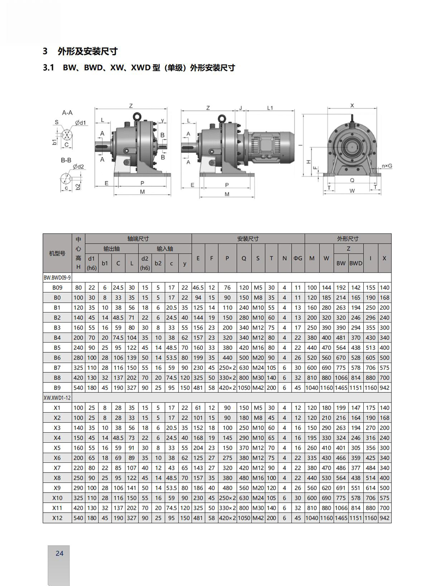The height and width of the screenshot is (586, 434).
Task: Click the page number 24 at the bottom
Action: pyautogui.click(x=59, y=553)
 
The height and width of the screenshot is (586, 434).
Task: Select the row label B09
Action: pyautogui.click(x=57, y=287)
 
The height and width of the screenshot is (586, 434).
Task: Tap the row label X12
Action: pyautogui.click(x=57, y=518)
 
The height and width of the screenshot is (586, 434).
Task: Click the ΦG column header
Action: pyautogui.click(x=298, y=258)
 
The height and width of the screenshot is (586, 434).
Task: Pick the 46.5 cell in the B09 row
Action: pyautogui.click(x=198, y=287)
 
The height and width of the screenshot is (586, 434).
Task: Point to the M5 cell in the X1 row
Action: pyautogui.click(x=258, y=408)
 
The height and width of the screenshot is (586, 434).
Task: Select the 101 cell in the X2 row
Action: pyautogui.click(x=198, y=418)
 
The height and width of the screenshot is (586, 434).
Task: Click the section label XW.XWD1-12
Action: pyautogui.click(x=57, y=398)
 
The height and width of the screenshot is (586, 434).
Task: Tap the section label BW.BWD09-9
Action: pyautogui.click(x=57, y=277)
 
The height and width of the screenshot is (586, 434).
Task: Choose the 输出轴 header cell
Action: pyautogui.click(x=112, y=249)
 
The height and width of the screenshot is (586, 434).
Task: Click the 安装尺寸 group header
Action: pyautogui.click(x=248, y=239)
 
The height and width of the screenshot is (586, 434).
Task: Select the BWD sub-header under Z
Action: pyautogui.click(x=355, y=263)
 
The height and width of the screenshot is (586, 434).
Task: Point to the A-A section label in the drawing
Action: pyautogui.click(x=67, y=112)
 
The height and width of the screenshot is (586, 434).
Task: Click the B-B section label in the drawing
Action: pyautogui.click(x=66, y=160)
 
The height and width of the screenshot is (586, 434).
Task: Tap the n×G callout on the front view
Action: pyautogui.click(x=387, y=166)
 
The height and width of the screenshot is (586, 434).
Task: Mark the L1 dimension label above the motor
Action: pyautogui.click(x=270, y=108)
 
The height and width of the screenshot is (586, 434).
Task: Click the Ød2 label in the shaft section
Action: pyautogui.click(x=79, y=167)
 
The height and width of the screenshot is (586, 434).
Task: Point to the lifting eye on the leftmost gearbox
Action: pyautogui.click(x=137, y=116)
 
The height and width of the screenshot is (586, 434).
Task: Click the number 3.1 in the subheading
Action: pyautogui.click(x=49, y=68)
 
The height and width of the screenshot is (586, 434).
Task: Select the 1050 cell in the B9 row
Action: pyautogui.click(x=244, y=388)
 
